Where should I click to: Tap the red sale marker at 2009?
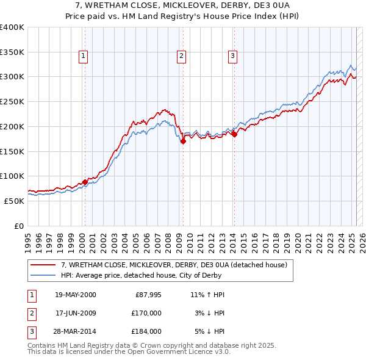(183, 142)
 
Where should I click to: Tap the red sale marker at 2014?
(234, 134)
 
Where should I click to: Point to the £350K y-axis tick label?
(12, 52)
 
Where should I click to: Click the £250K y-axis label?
(12, 102)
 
